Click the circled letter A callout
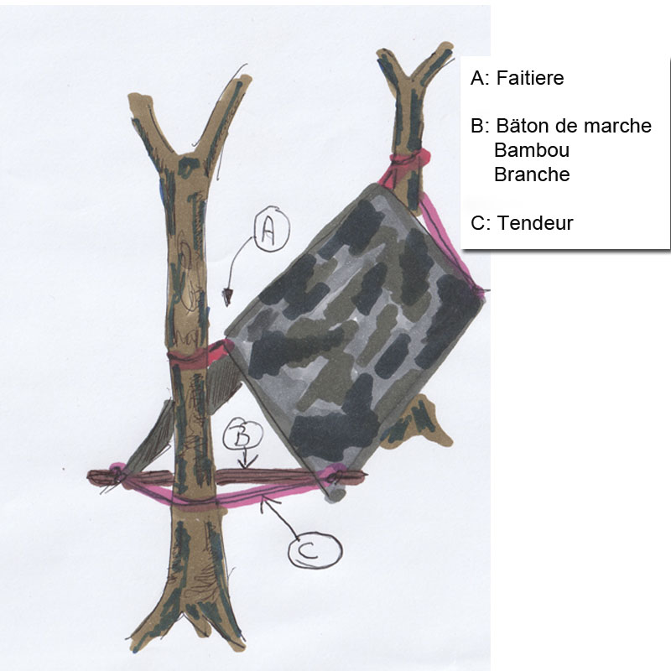[x=272, y=229]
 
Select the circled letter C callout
[x=315, y=550]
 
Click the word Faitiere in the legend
[x=530, y=78]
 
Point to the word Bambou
[x=532, y=150]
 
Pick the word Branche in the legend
[x=532, y=174]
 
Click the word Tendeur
[x=535, y=223]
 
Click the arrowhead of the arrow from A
[x=226, y=297]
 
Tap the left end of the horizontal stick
[x=90, y=476]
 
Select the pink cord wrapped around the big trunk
[x=193, y=505]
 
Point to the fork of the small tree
[x=410, y=79]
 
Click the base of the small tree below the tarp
[x=422, y=424]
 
